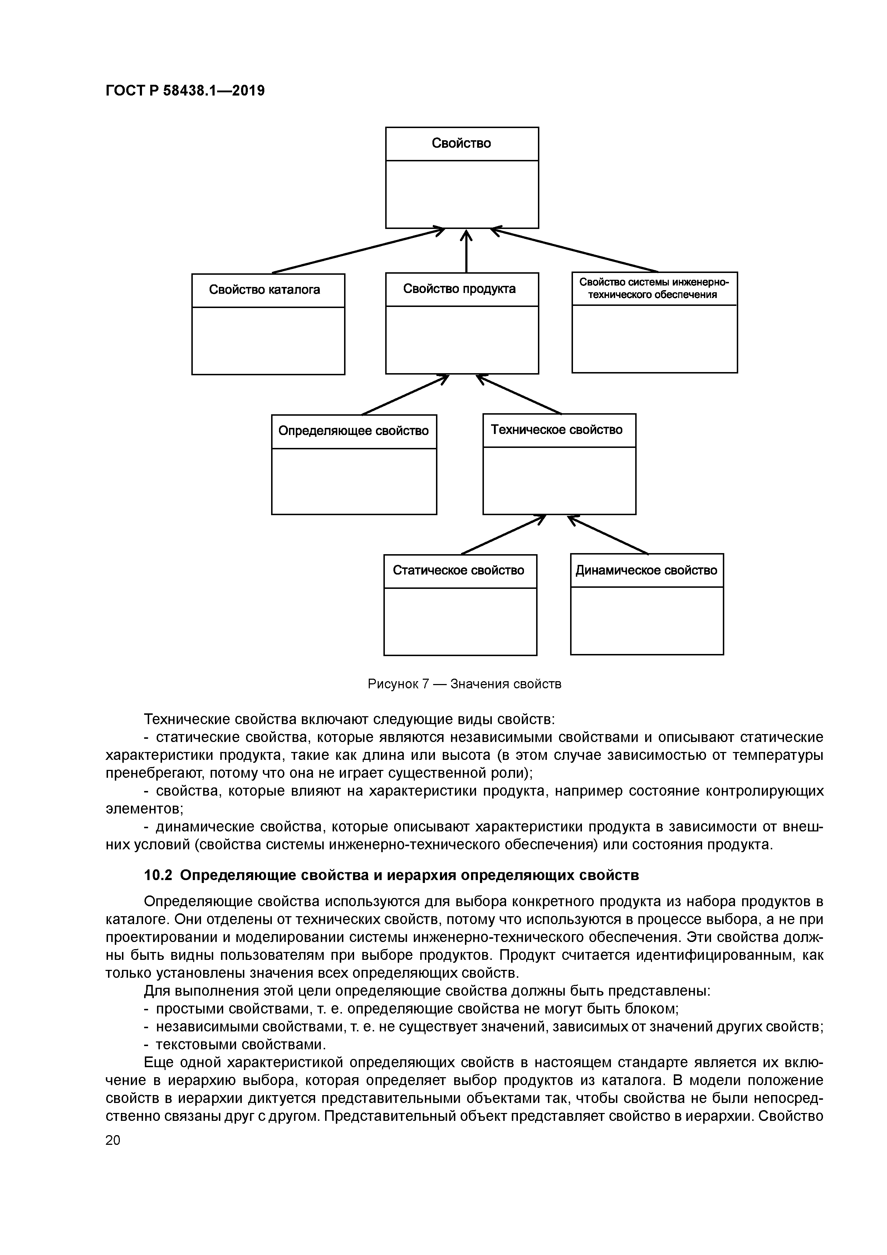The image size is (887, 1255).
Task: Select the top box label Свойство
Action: coord(461,143)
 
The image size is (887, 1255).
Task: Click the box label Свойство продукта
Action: coord(459,289)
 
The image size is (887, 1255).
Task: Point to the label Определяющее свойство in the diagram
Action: coord(354,431)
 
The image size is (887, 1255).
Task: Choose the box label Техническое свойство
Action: coord(557,430)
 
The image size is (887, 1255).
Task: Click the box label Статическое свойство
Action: coord(459,571)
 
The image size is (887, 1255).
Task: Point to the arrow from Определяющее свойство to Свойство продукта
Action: coord(405,395)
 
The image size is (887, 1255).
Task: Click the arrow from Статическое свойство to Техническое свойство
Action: coord(503,534)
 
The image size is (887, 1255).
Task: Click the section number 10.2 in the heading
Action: coord(158,875)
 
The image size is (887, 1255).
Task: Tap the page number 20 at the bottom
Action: coord(113,1140)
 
